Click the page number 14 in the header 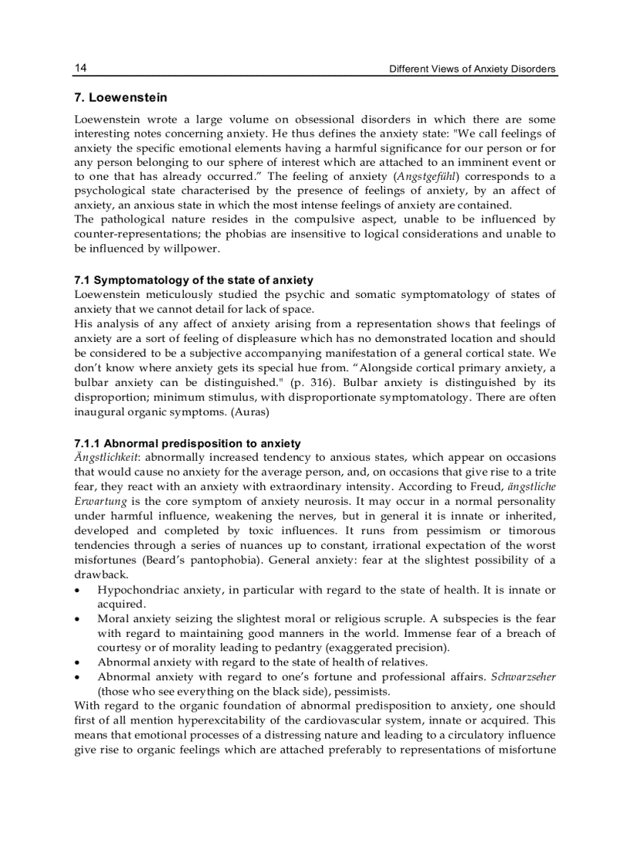point(80,69)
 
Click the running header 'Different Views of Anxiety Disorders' point(472,69)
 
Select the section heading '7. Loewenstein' point(120,98)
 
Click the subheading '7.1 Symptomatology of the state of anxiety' point(194,279)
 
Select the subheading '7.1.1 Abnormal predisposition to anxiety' point(188,443)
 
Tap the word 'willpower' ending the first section point(192,249)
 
